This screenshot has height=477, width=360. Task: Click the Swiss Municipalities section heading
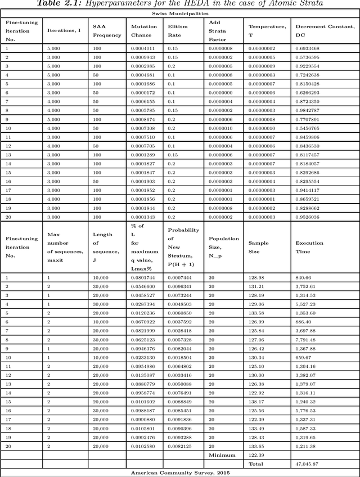[179, 12]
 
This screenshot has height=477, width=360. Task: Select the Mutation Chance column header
[143, 30]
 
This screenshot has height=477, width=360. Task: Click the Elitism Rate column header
[179, 30]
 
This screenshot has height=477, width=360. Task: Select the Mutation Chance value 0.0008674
[143, 120]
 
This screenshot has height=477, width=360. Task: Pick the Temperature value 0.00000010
[263, 128]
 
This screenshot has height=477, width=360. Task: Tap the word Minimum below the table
[220, 455]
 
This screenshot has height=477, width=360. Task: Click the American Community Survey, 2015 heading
[179, 472]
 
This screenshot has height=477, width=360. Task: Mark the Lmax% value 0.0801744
[143, 278]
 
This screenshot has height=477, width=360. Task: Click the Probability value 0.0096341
[179, 286]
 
